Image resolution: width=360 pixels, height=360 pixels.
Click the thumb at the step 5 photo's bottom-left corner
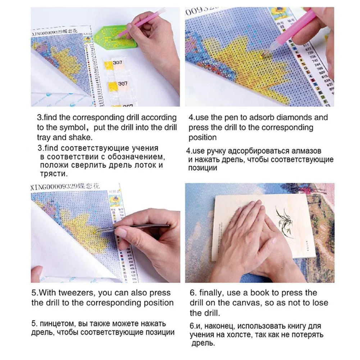(36, 274)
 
